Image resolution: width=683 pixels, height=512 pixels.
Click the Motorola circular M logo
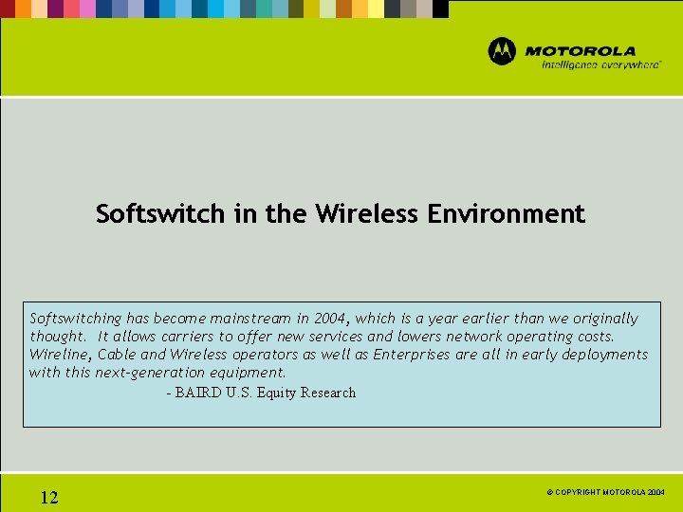click(502, 51)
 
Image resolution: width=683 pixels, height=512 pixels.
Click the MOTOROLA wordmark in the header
click(581, 51)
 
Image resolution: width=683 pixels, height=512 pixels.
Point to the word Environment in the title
click(507, 214)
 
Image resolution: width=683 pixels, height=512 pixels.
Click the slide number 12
click(49, 498)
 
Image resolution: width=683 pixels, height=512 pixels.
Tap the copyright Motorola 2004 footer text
click(604, 493)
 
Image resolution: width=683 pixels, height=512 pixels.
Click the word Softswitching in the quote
click(76, 319)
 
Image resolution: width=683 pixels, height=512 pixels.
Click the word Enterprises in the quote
click(411, 355)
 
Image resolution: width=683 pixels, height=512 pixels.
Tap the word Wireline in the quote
click(60, 355)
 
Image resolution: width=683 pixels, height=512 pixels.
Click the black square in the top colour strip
click(440, 9)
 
